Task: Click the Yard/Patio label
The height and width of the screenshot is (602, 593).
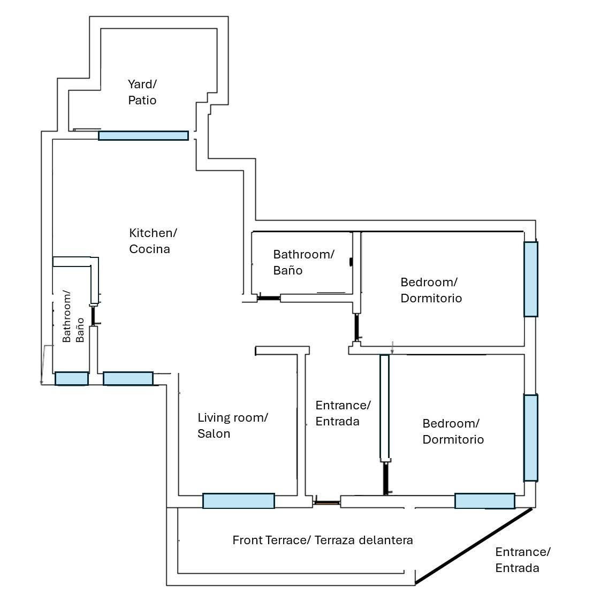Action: click(142, 92)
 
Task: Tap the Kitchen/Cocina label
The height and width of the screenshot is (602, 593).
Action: click(153, 241)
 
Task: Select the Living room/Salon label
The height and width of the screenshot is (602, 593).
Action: click(232, 425)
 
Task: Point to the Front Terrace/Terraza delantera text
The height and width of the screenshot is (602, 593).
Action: click(323, 540)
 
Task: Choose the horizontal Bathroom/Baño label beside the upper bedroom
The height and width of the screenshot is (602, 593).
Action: click(303, 262)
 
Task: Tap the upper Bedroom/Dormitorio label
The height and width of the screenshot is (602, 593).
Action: click(431, 290)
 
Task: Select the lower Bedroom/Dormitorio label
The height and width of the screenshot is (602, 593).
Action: click(453, 431)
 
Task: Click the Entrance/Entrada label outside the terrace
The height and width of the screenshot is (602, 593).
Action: click(522, 560)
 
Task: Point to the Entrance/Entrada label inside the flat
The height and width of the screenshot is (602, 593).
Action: click(343, 413)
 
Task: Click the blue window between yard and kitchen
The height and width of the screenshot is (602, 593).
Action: click(143, 136)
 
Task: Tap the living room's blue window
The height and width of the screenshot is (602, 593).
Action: click(238, 501)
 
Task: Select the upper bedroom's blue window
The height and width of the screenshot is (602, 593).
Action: click(530, 279)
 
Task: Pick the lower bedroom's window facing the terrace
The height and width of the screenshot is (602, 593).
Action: click(484, 501)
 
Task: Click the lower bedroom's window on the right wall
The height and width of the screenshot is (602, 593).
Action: click(530, 438)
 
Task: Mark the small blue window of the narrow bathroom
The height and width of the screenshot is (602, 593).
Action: click(72, 378)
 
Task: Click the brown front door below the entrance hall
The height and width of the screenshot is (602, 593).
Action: click(326, 503)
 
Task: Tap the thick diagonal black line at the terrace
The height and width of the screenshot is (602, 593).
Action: click(474, 545)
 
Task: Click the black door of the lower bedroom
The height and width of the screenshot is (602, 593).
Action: click(385, 478)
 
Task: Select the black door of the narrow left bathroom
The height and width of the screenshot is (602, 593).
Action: click(94, 315)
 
